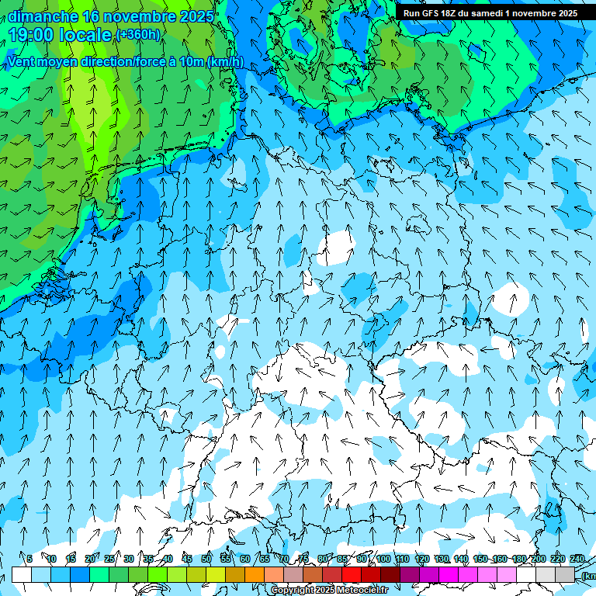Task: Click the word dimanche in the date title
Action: click(43, 16)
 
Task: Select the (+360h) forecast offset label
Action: click(137, 34)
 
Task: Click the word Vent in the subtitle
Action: click(23, 62)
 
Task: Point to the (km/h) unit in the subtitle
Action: click(225, 62)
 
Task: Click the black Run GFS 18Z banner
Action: click(489, 13)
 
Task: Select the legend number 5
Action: click(29, 559)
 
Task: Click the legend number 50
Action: click(206, 559)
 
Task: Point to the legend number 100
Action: click(383, 559)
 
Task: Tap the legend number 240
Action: click(577, 559)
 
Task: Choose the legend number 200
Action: click(538, 559)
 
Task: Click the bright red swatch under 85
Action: click(352, 574)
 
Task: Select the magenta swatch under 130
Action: click(449, 574)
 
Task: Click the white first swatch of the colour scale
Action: click(22, 574)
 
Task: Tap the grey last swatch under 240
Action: click(565, 574)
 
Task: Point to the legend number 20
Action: click(90, 559)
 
